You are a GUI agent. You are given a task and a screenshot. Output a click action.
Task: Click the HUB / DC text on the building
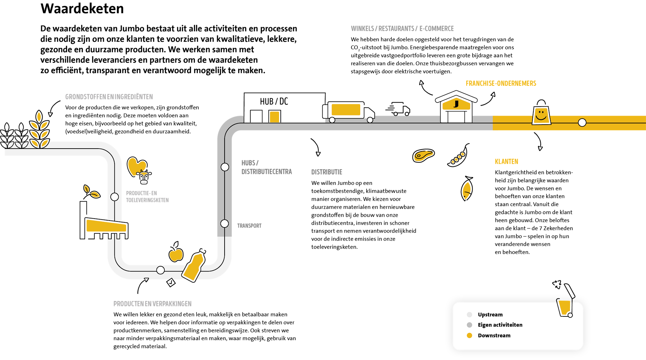click(274, 101)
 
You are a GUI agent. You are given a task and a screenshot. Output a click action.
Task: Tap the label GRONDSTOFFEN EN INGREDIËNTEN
click(109, 97)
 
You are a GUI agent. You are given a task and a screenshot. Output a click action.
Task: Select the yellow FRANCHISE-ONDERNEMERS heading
click(501, 84)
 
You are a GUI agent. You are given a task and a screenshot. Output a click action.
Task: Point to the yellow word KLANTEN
click(506, 162)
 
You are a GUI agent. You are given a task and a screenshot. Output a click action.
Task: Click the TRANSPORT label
click(249, 226)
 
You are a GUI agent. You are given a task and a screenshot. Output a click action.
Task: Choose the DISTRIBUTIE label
click(327, 172)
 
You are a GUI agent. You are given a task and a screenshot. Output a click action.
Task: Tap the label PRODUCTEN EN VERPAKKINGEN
click(152, 304)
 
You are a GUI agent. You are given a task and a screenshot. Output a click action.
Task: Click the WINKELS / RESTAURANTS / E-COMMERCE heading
click(402, 29)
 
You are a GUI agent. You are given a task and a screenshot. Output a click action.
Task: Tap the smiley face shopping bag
click(541, 115)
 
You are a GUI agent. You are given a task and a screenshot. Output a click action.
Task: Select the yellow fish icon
click(467, 190)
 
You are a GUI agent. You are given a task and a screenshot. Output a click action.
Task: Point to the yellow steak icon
click(423, 156)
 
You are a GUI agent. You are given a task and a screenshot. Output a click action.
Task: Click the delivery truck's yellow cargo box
click(346, 109)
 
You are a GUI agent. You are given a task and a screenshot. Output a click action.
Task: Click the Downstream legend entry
click(494, 335)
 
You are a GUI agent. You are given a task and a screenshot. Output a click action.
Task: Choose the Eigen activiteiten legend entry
click(500, 325)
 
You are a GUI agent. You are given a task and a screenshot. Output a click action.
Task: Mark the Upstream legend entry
click(490, 315)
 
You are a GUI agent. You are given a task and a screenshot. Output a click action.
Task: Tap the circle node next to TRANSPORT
click(225, 224)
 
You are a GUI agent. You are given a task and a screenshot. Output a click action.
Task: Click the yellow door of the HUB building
click(274, 117)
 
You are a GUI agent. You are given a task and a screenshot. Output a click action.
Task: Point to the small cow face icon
click(144, 182)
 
